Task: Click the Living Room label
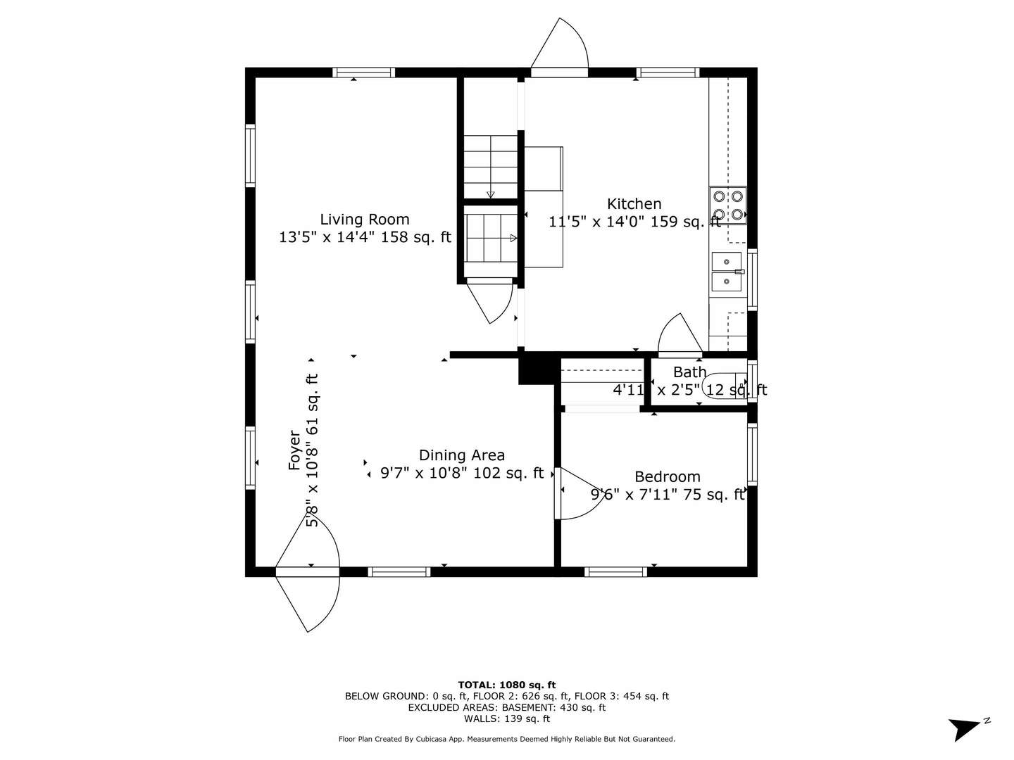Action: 364,220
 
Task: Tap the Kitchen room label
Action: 634,204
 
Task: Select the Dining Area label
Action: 461,455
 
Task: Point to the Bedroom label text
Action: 667,477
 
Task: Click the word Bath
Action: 689,372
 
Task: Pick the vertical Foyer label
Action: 295,451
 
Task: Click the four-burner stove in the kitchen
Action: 727,205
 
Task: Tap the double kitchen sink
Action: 726,272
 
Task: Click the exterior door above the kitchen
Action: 560,48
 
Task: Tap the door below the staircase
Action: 492,300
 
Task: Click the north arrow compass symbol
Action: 966,727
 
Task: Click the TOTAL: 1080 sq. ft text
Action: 506,685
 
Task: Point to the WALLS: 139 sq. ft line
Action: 506,718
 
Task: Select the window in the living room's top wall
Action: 363,72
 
